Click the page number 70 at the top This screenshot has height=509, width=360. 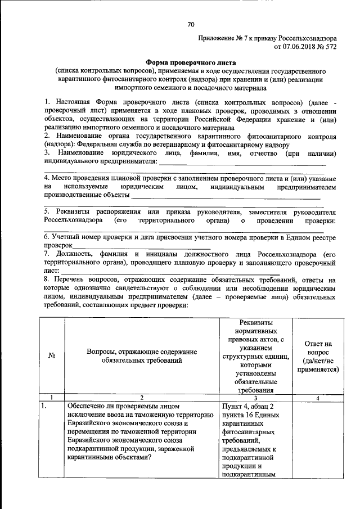pos(191,24)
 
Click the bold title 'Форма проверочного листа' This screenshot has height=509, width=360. pos(191,63)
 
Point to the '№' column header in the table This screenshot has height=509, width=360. pos(51,355)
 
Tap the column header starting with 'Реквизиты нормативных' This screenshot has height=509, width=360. pos(256,355)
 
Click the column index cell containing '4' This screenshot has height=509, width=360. pos(317,398)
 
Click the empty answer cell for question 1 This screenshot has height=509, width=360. pos(317,439)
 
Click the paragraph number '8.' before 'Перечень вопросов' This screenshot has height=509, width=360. pos(47,280)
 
